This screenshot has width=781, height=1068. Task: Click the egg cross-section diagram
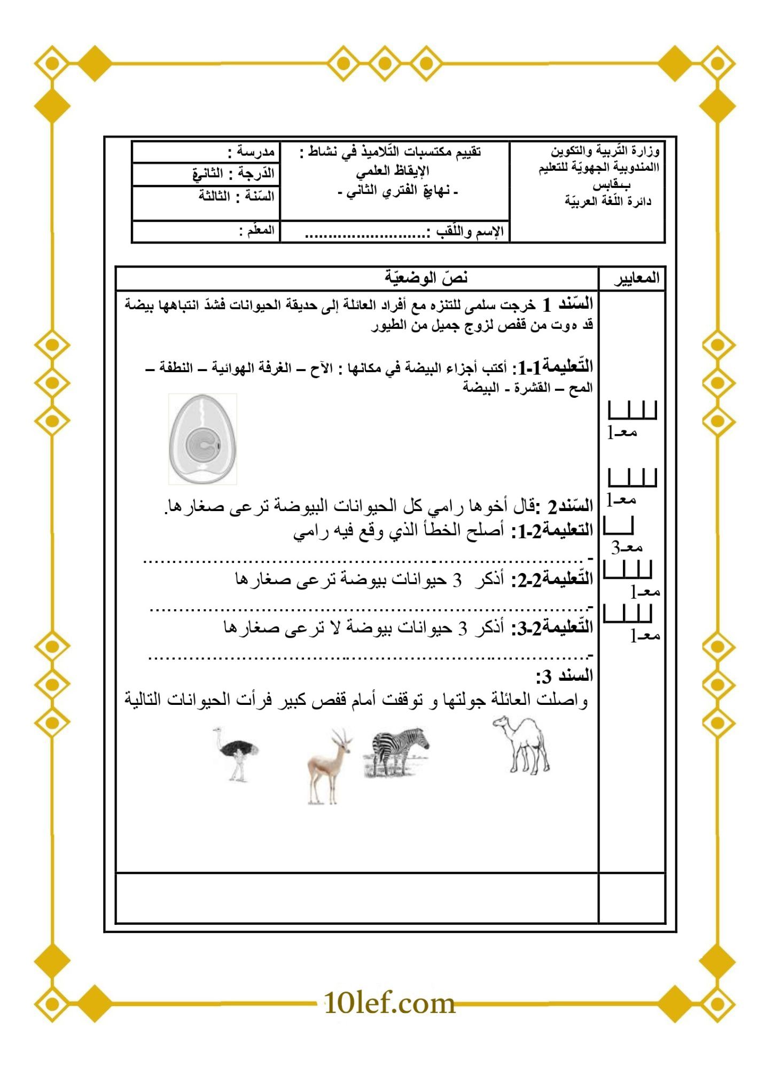(202, 439)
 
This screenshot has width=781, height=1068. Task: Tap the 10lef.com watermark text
(389, 1003)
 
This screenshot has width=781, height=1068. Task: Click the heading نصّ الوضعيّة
(426, 278)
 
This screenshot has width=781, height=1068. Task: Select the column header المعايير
(636, 278)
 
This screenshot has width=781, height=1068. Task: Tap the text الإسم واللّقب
(470, 232)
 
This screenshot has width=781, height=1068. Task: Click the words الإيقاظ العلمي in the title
(393, 171)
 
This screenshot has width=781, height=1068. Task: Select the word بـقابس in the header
(611, 185)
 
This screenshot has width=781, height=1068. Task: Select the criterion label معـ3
(627, 547)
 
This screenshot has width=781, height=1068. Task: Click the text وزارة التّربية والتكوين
(605, 151)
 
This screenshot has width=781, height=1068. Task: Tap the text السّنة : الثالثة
(236, 196)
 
